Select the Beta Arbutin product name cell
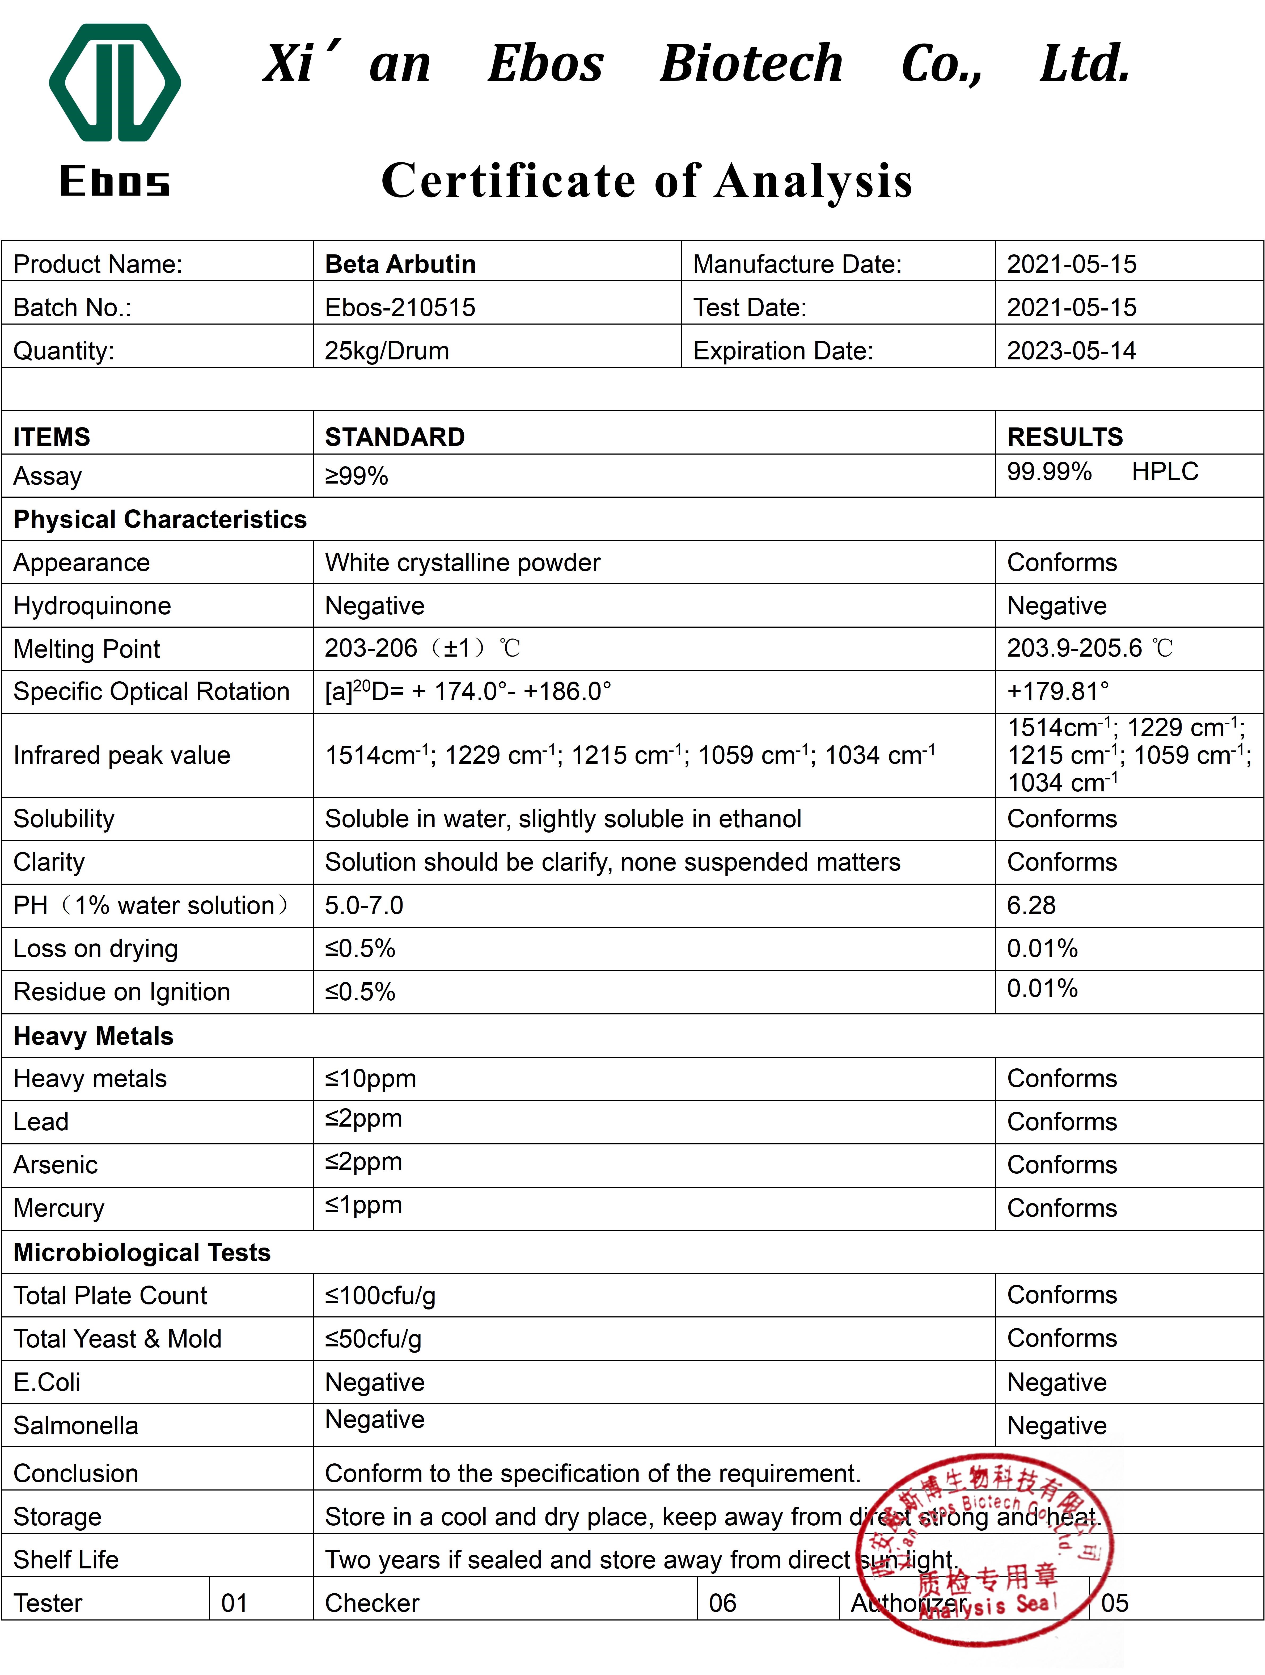point(400,264)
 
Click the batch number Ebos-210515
point(400,308)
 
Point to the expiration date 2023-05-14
point(1071,351)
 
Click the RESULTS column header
point(1064,437)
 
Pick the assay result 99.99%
point(1048,472)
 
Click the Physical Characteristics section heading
point(160,519)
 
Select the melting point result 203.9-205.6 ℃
point(1089,648)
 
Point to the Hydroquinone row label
point(92,606)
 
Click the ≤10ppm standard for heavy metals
point(370,1078)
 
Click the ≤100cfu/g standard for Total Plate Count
point(380,1296)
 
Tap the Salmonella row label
point(76,1426)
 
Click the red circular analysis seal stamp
point(984,1548)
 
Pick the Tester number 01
point(234,1603)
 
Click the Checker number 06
point(722,1603)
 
